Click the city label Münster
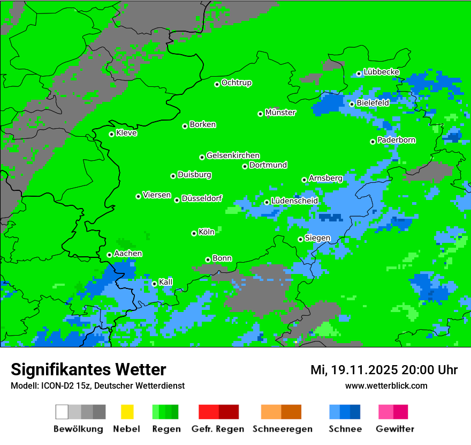pyautogui.click(x=280, y=113)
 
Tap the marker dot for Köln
pyautogui.click(x=194, y=233)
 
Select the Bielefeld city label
pyautogui.click(x=373, y=103)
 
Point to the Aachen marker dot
pyautogui.click(x=109, y=255)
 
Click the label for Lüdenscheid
pyautogui.click(x=294, y=201)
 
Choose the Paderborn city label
pyautogui.click(x=396, y=140)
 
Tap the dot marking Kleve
pyautogui.click(x=111, y=134)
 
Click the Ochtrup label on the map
pyautogui.click(x=237, y=83)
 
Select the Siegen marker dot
pyautogui.click(x=300, y=239)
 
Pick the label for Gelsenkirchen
pyautogui.click(x=233, y=155)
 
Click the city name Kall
pyautogui.click(x=166, y=282)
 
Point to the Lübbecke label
pyautogui.click(x=381, y=72)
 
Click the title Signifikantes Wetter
pyautogui.click(x=88, y=369)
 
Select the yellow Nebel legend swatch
pyautogui.click(x=127, y=412)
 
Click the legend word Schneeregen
pyautogui.click(x=282, y=429)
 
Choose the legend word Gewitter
pyautogui.click(x=394, y=429)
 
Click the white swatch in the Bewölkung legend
pyautogui.click(x=62, y=412)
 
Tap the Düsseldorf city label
pyautogui.click(x=202, y=198)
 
